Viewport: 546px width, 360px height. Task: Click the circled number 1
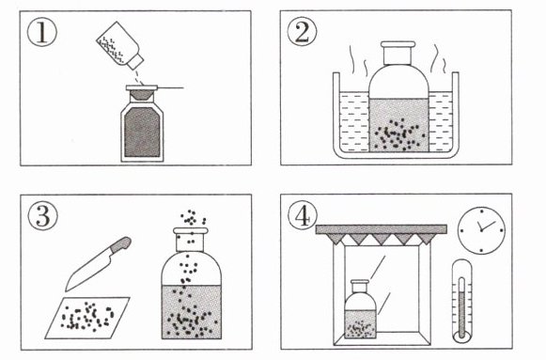coord(41,32)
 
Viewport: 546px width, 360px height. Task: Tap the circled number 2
coord(302,32)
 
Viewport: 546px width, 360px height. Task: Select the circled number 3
coord(42,216)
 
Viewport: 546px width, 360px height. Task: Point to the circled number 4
coord(303,215)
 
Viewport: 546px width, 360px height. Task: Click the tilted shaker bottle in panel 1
coord(119,45)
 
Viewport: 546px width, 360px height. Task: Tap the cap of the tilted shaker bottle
coord(134,61)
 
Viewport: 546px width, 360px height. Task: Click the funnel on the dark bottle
coord(141,93)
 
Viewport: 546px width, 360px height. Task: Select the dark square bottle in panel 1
coord(142,131)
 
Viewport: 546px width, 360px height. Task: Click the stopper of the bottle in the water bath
coord(398,53)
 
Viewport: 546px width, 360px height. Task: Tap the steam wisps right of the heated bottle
coord(438,59)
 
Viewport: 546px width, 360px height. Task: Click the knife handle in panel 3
coord(120,244)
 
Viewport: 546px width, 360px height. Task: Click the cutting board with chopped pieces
coord(87,318)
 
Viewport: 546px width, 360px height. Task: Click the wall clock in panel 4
coord(481,230)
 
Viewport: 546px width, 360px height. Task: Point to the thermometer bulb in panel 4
coord(461,336)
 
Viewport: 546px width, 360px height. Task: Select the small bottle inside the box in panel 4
coord(360,309)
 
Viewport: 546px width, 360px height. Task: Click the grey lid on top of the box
coord(382,229)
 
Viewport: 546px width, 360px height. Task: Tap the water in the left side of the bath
coord(354,122)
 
